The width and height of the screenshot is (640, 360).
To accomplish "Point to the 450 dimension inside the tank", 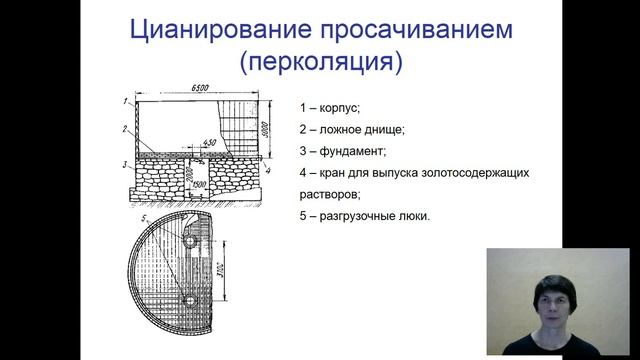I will click(x=211, y=142).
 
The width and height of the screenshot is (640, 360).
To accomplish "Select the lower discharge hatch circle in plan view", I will click(x=189, y=300).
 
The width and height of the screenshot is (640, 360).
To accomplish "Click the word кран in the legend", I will click(x=335, y=173).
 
